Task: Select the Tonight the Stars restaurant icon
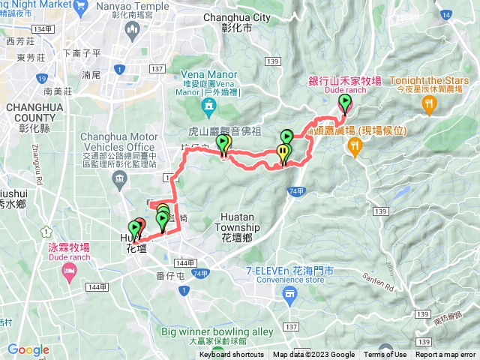(430, 106)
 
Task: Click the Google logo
(28, 349)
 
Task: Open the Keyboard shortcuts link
(232, 355)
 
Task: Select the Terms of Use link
(385, 355)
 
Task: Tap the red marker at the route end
(140, 226)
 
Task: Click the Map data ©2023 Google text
(313, 355)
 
